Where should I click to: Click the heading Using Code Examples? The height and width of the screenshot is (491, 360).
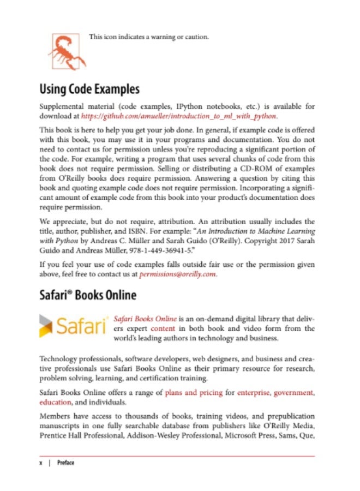click(x=89, y=89)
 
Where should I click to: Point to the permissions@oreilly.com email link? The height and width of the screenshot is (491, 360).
click(x=178, y=274)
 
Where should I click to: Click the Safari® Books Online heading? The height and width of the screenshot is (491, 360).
click(x=88, y=296)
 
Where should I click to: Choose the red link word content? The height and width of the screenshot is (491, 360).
click(x=163, y=328)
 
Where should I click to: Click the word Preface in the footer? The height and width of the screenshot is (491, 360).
click(x=65, y=463)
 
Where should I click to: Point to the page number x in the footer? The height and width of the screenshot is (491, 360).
click(x=41, y=463)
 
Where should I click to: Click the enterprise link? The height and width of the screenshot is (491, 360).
click(x=253, y=392)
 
